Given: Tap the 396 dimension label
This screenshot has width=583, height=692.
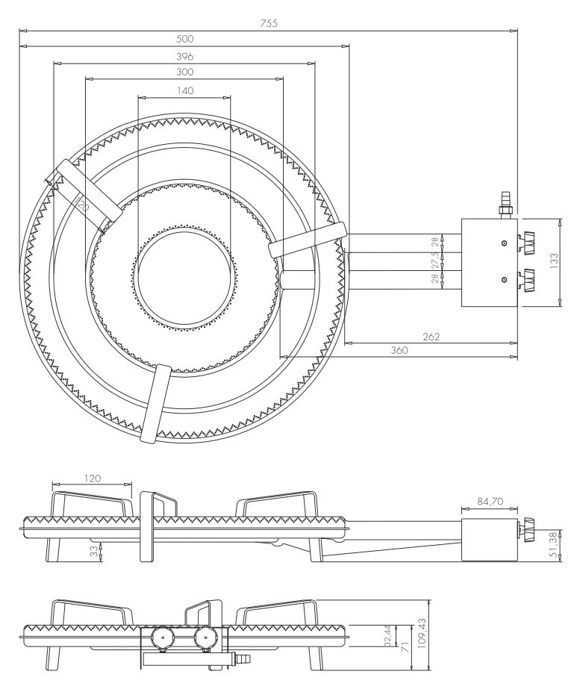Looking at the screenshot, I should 185,56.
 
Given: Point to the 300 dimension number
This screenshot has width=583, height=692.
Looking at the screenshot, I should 185,72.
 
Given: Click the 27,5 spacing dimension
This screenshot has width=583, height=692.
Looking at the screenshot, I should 434,261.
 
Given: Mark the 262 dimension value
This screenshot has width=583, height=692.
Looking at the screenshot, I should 428,337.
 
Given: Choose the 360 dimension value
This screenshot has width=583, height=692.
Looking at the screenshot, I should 399,350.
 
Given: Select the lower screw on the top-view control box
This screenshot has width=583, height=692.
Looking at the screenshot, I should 505,278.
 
